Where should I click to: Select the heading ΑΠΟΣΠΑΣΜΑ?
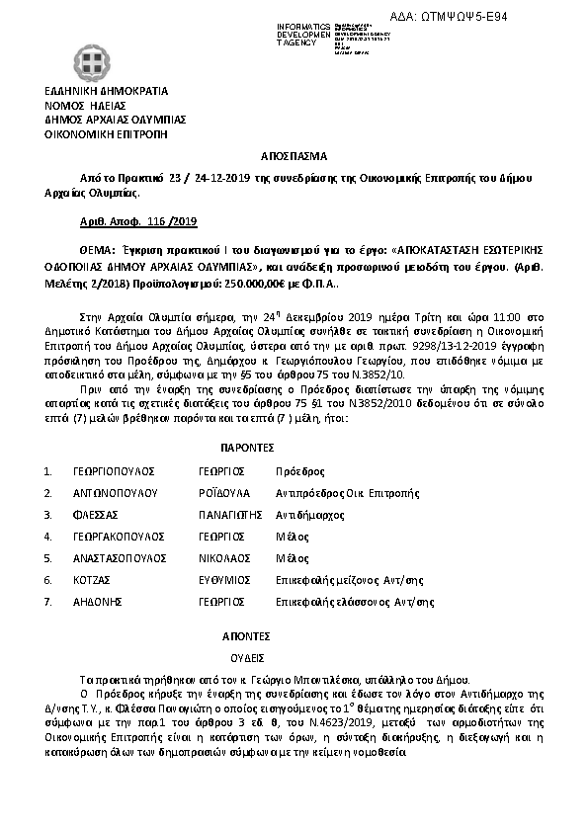tap(293, 156)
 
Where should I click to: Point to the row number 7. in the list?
tap(48, 601)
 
